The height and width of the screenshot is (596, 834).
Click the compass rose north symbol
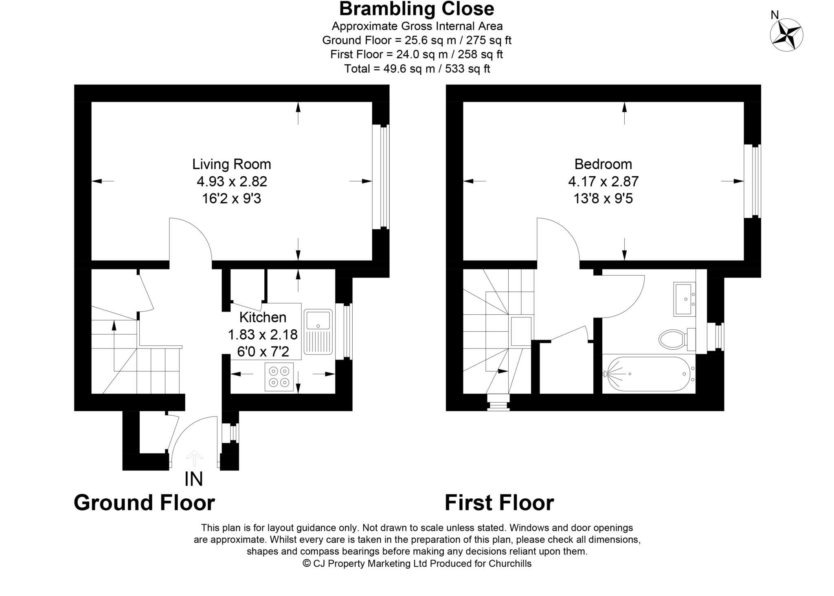point(786,34)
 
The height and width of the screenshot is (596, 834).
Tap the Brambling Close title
point(417,9)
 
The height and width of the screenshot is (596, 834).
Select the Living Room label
point(231,164)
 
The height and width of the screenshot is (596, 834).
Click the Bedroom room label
point(603,164)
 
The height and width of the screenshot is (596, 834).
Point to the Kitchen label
point(263,317)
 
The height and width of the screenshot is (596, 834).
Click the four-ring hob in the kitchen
point(279,377)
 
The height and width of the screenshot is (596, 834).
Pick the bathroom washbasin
point(685,299)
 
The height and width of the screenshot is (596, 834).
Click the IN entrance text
point(193,479)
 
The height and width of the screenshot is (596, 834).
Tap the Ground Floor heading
point(144,503)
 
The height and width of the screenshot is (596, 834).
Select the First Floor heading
point(499,503)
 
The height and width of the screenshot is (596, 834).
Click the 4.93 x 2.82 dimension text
point(232,182)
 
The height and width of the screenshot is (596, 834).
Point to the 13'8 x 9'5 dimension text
point(603,199)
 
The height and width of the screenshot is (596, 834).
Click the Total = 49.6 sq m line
point(417,69)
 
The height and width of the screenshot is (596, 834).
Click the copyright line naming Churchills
point(417,563)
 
